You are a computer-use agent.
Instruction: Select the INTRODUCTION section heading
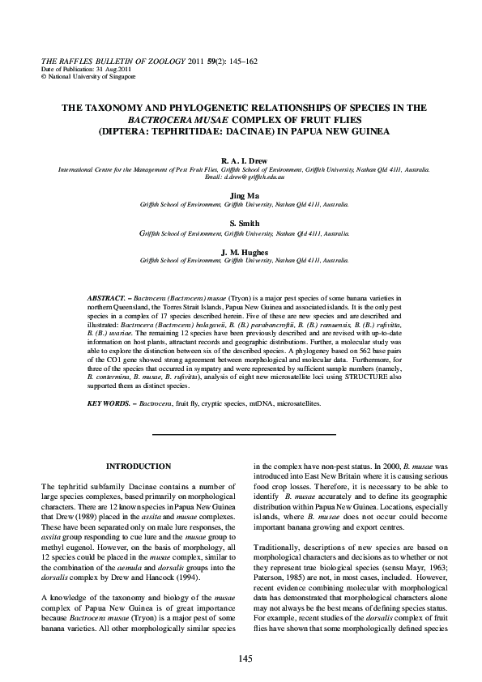click(x=139, y=467)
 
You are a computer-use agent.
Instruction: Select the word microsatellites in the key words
click(x=293, y=403)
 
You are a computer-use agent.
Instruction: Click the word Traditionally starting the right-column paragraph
click(x=279, y=548)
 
